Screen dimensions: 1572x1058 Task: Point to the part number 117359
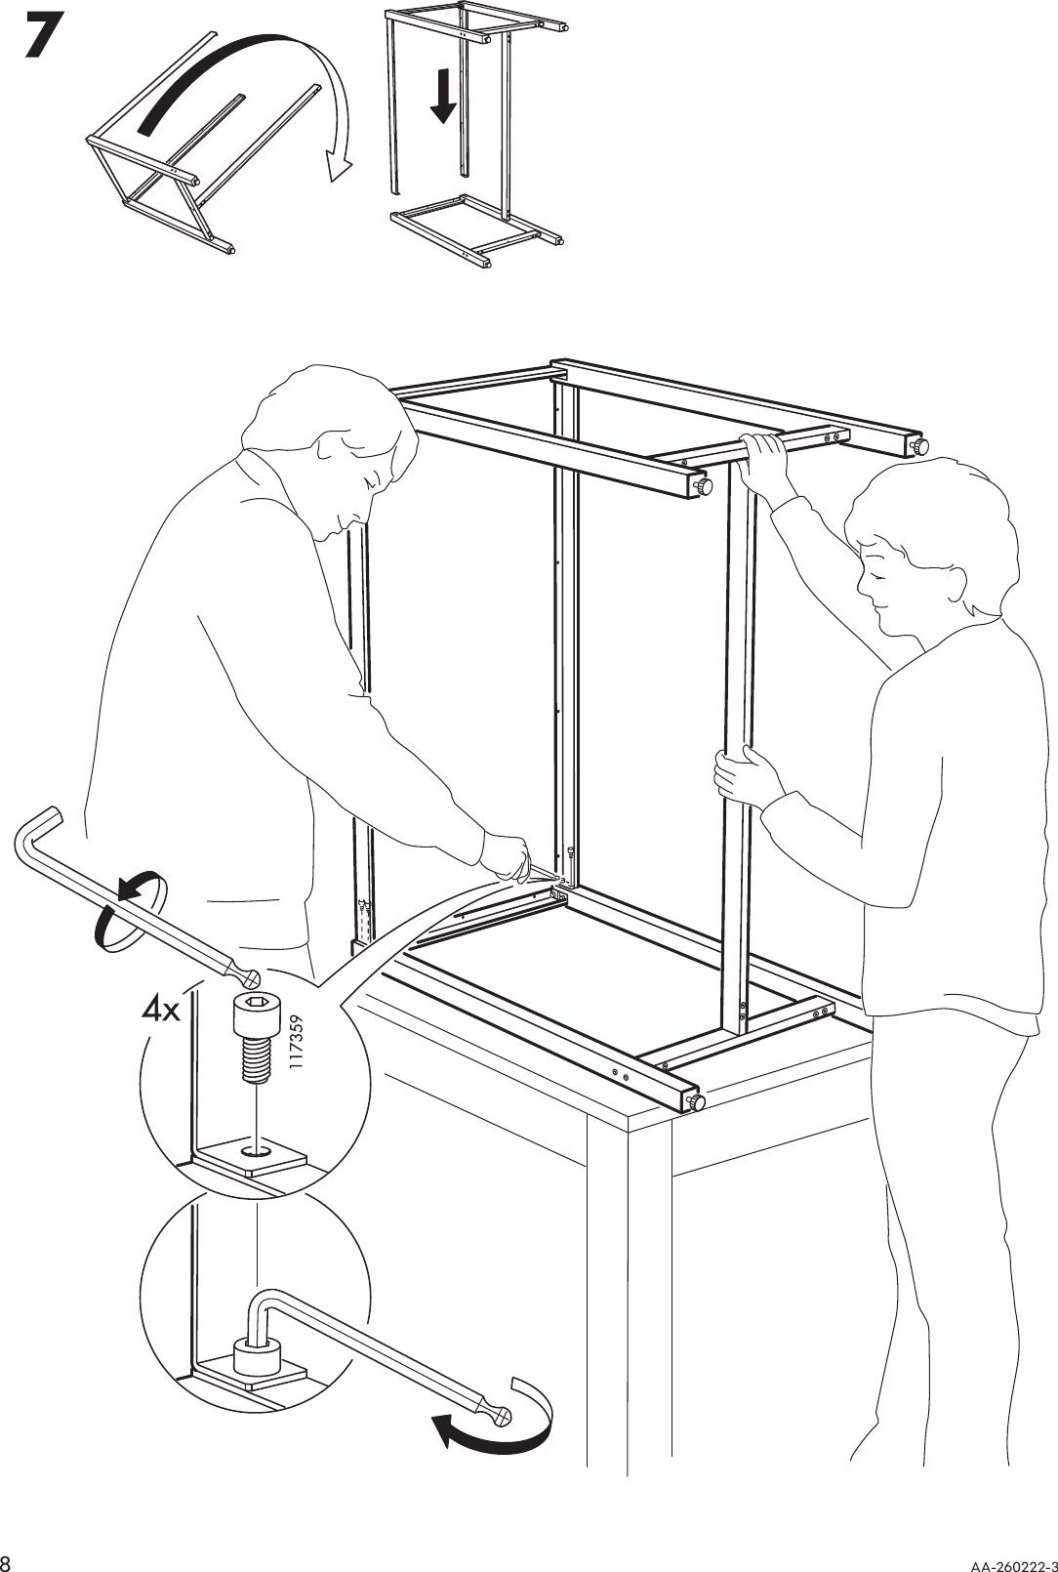click(x=298, y=1046)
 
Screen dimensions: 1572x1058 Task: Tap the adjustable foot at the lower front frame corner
click(x=698, y=1102)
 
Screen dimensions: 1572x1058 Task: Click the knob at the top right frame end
click(x=918, y=446)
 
